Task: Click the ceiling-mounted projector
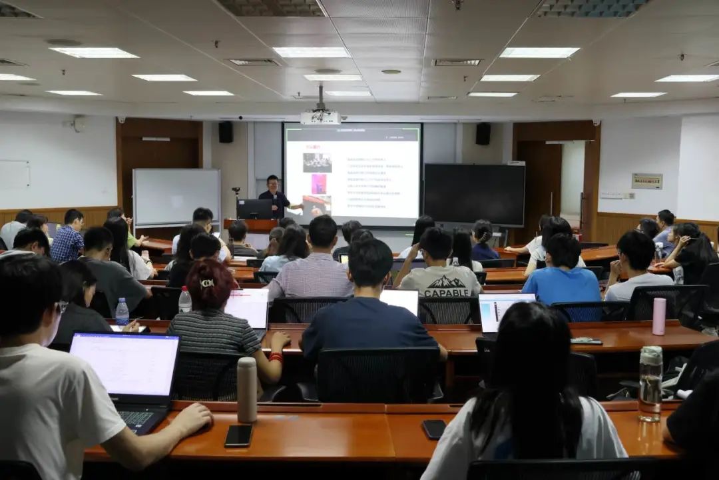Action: (x=320, y=117)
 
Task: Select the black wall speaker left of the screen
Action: (x=226, y=132)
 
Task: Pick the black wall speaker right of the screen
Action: (x=483, y=133)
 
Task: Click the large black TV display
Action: (x=474, y=193)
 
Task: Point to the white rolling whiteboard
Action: (x=176, y=197)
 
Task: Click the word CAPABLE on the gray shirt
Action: (x=445, y=292)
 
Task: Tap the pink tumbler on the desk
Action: (x=658, y=316)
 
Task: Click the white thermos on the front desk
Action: (x=247, y=389)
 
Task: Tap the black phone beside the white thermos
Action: (x=238, y=435)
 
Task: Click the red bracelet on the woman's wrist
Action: (x=276, y=357)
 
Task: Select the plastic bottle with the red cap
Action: (x=184, y=300)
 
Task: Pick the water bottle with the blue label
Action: (x=122, y=311)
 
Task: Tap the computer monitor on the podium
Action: (x=254, y=209)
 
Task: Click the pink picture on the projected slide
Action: (x=319, y=183)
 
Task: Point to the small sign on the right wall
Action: (x=646, y=181)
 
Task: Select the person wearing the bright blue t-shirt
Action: (x=561, y=280)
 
